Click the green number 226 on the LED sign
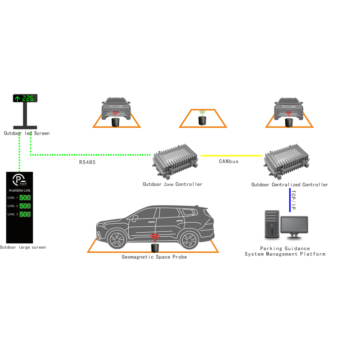pos(28,99)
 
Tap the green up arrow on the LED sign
pos(18,99)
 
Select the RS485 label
pos(87,162)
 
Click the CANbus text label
pos(229,162)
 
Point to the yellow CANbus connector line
pos(231,156)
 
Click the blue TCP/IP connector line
pos(290,200)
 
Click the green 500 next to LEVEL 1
pos(25,198)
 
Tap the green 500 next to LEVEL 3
pos(25,214)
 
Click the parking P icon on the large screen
pos(19,180)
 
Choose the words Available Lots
pos(19,190)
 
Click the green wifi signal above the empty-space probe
pos(202,113)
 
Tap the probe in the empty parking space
pos(202,121)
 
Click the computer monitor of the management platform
pos(294,227)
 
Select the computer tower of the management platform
pos(272,224)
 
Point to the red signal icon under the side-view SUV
pos(155,238)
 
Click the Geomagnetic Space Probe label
pos(154,257)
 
